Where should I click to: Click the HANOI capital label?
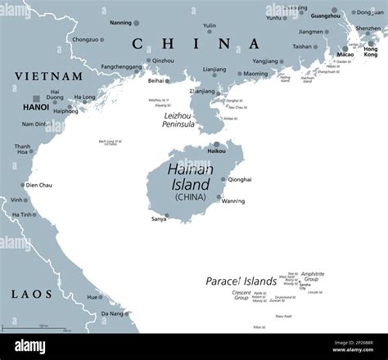36,107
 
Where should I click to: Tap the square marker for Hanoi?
35,98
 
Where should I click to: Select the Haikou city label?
216,151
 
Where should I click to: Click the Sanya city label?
159,219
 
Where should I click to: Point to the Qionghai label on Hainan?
240,178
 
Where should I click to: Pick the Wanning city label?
233,200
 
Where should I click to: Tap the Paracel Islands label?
241,281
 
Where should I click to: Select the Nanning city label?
120,23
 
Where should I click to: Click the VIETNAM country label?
48,76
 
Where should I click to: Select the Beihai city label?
156,81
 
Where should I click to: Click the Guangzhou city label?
326,16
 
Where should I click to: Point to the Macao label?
345,55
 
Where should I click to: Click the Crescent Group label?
241,294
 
